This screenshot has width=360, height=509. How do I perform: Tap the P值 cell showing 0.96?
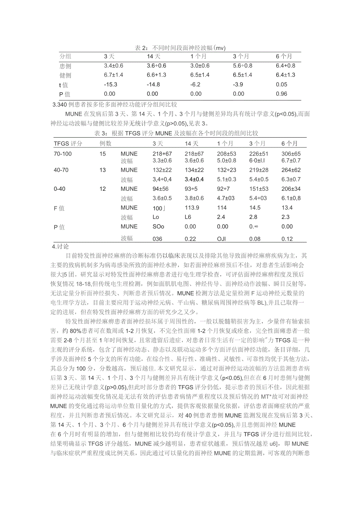click(x=281, y=94)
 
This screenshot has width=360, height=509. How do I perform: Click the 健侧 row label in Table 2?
click(x=65, y=75)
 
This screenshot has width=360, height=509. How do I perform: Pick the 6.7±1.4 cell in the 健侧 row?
click(x=113, y=75)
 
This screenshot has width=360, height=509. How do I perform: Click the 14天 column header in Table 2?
click(x=154, y=57)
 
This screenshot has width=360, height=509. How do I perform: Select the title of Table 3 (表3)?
click(x=176, y=134)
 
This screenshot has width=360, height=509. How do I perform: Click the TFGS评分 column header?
click(x=68, y=143)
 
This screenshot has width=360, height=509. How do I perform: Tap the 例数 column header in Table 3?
click(x=105, y=143)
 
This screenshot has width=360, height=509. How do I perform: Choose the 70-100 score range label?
click(x=63, y=154)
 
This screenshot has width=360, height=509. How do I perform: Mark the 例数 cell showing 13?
click(x=103, y=170)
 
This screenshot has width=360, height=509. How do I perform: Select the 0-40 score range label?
click(x=59, y=189)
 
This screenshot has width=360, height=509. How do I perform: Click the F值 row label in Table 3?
click(x=59, y=208)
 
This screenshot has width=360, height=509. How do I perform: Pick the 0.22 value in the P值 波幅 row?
click(x=190, y=238)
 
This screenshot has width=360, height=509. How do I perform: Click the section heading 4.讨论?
click(x=60, y=247)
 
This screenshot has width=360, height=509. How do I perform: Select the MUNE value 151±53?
click(x=259, y=189)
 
